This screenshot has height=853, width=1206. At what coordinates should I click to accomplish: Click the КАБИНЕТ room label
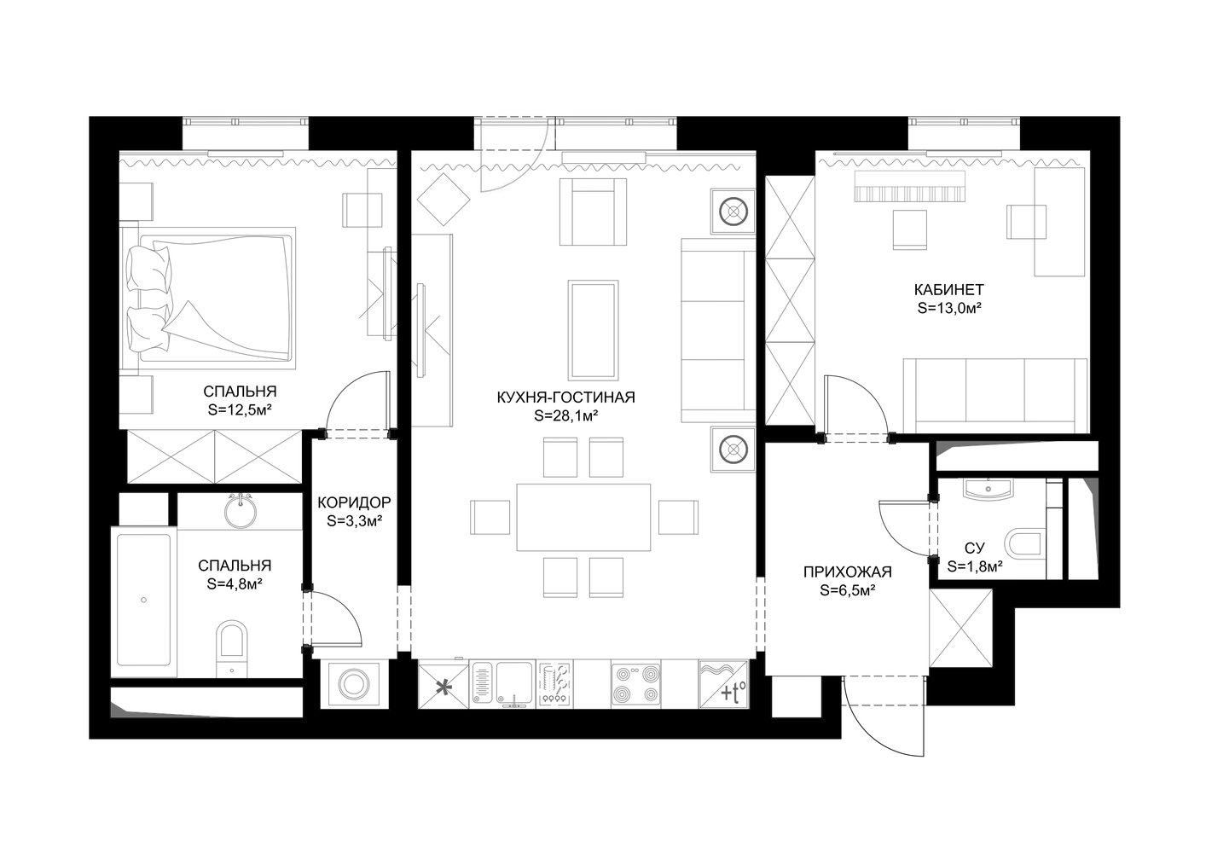pyautogui.click(x=948, y=290)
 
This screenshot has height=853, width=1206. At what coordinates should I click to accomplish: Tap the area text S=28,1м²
pyautogui.click(x=566, y=415)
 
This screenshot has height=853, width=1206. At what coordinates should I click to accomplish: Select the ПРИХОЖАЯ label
pyautogui.click(x=848, y=572)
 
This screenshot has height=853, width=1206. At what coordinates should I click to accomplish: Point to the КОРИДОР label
pyautogui.click(x=354, y=502)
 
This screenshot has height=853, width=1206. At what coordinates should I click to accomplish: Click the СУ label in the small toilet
pyautogui.click(x=975, y=548)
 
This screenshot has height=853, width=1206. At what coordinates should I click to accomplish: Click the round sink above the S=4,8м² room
pyautogui.click(x=241, y=510)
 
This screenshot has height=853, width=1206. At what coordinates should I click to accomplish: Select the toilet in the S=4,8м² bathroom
pyautogui.click(x=232, y=648)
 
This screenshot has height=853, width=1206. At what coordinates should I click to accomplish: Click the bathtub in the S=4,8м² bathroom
pyautogui.click(x=144, y=602)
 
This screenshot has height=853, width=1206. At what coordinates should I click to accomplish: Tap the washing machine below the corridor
pyautogui.click(x=354, y=684)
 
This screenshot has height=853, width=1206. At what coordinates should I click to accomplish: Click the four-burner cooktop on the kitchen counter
pyautogui.click(x=636, y=684)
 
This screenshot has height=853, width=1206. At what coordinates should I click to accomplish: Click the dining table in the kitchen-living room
pyautogui.click(x=583, y=517)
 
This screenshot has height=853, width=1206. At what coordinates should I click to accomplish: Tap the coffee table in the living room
pyautogui.click(x=594, y=330)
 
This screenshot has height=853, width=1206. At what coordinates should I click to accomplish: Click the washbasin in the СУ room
pyautogui.click(x=989, y=489)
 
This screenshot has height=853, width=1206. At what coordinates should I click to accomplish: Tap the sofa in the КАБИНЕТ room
pyautogui.click(x=995, y=395)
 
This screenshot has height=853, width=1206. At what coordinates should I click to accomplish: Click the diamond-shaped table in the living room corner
pyautogui.click(x=444, y=200)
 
